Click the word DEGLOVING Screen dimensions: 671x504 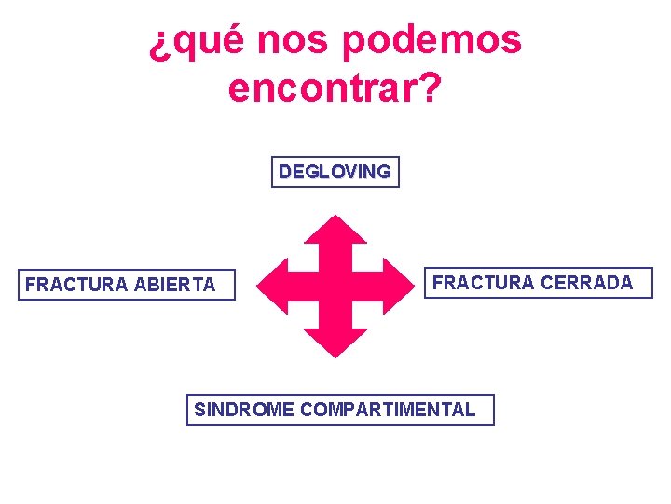pyautogui.click(x=335, y=172)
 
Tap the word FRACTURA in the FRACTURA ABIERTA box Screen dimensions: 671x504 pyautogui.click(x=75, y=285)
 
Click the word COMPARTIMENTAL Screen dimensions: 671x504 pyautogui.click(x=389, y=409)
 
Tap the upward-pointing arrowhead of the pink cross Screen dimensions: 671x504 pyautogui.click(x=336, y=229)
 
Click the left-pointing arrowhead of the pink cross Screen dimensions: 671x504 pyautogui.click(x=271, y=286)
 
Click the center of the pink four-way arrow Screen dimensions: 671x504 pyautogui.click(x=336, y=286)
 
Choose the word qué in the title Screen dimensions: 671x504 pyautogui.click(x=208, y=42)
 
